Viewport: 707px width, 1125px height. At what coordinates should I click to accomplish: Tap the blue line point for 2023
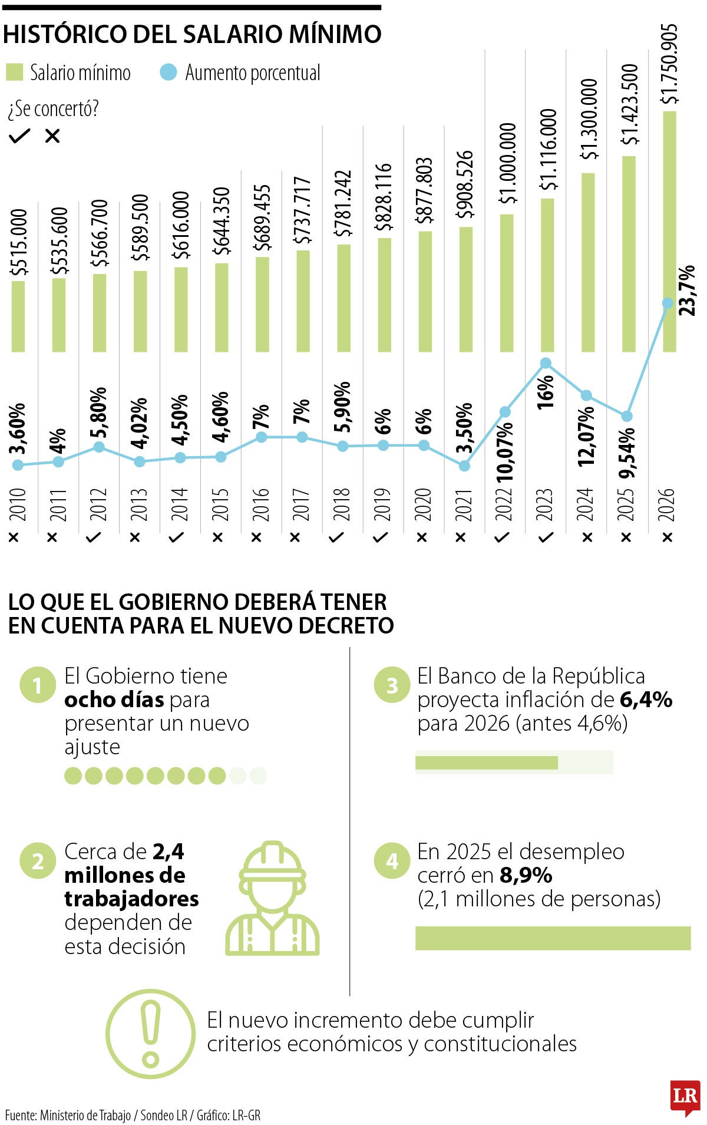[546, 363]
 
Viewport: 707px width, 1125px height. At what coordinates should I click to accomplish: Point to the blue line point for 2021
[464, 466]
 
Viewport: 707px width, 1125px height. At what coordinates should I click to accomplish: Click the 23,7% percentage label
[687, 291]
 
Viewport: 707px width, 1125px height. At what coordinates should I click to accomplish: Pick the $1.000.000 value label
[508, 163]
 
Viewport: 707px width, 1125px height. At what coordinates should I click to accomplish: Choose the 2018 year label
[342, 504]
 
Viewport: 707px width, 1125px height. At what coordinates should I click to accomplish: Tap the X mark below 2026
[667, 537]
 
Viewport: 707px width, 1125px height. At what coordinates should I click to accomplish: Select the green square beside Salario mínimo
[14, 72]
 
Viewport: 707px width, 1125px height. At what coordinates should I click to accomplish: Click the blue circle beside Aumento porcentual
[169, 72]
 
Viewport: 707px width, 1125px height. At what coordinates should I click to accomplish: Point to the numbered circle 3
[392, 685]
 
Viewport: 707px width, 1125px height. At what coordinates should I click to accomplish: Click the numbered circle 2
[38, 862]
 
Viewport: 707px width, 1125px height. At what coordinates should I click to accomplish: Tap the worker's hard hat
[272, 861]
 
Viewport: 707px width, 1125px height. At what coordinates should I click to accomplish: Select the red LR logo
[685, 1097]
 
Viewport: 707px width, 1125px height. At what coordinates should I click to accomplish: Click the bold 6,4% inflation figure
[646, 700]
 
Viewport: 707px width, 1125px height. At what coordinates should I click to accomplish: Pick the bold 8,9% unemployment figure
[526, 875]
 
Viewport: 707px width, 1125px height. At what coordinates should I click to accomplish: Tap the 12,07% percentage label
[586, 436]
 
